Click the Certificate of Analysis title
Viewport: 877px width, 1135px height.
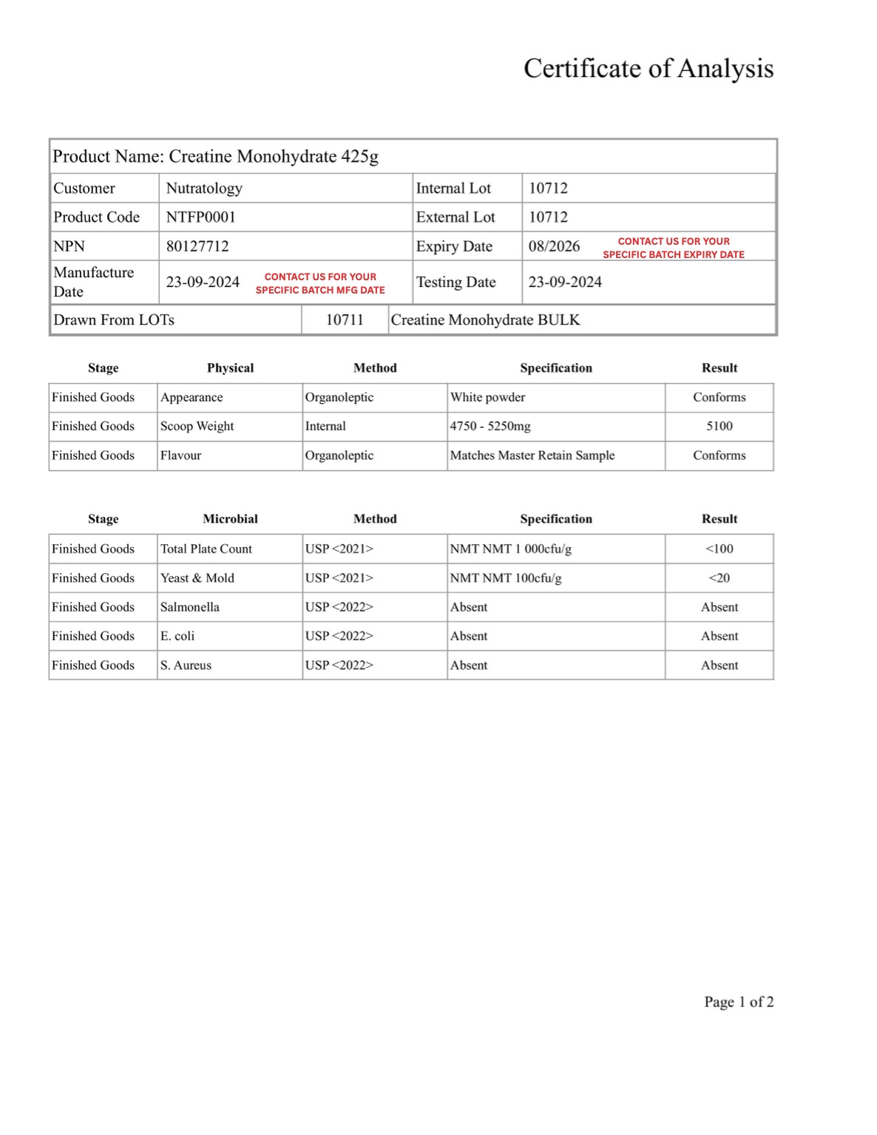tap(648, 69)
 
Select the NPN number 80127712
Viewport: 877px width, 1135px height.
tap(197, 246)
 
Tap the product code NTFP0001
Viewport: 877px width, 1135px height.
tap(200, 217)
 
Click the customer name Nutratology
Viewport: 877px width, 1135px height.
tap(204, 189)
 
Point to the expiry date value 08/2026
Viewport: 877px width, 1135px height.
tap(554, 246)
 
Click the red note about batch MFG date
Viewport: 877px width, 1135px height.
tap(320, 283)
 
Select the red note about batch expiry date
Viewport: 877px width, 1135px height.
tap(674, 248)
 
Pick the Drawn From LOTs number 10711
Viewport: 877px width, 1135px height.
tap(345, 320)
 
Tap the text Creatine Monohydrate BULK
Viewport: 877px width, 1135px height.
tap(485, 320)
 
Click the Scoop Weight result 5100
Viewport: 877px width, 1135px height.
tap(719, 427)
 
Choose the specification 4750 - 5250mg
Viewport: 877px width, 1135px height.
tap(490, 427)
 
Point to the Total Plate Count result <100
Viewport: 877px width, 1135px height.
tap(719, 549)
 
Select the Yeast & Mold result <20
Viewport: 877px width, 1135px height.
tap(719, 578)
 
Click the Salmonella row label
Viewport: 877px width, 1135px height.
tap(190, 607)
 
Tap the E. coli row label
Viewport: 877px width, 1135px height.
tap(177, 636)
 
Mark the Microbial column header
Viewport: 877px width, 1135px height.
tap(230, 519)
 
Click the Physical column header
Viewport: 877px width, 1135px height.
tap(230, 368)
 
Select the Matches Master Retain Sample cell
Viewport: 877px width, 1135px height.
tap(532, 455)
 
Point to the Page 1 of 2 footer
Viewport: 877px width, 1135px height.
tap(738, 1002)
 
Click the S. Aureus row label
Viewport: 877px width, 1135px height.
tap(186, 665)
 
